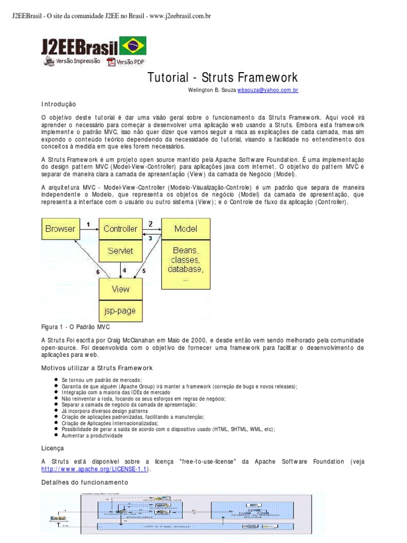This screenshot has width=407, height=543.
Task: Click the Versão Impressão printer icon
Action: (x=49, y=62)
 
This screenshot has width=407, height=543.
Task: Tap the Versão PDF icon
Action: (x=111, y=62)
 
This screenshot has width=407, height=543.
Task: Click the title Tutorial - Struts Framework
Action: (x=222, y=78)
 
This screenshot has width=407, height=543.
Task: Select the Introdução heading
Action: (x=59, y=104)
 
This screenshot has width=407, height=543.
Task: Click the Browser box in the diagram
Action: (x=60, y=229)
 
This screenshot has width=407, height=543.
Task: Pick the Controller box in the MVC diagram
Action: (x=120, y=229)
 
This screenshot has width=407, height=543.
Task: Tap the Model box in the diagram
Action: (x=185, y=229)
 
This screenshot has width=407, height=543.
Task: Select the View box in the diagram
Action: (x=120, y=289)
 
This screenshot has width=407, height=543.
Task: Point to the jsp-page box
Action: (x=120, y=311)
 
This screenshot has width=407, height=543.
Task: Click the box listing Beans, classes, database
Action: (x=185, y=262)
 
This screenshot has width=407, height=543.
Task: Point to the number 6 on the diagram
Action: (x=98, y=272)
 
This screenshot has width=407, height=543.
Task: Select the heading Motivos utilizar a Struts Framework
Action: (x=97, y=367)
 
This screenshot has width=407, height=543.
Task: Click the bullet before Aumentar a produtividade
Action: (x=56, y=435)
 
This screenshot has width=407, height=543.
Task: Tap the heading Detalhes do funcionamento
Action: (x=85, y=483)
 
